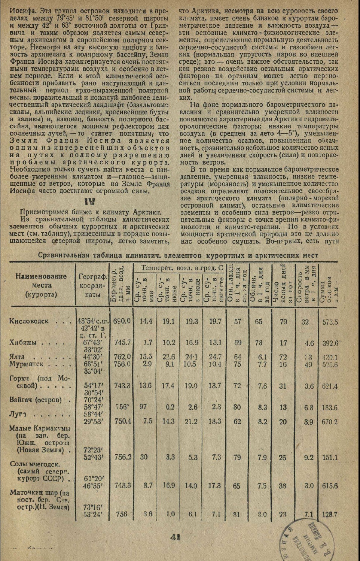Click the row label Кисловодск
pyautogui.click(x=29, y=321)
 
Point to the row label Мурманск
pyautogui.click(x=27, y=364)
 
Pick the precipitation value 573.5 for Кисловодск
pyautogui.click(x=330, y=322)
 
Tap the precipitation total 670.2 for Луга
pyautogui.click(x=330, y=422)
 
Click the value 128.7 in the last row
pyautogui.click(x=330, y=515)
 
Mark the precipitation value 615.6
pyautogui.click(x=330, y=486)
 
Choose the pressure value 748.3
pyautogui.click(x=122, y=486)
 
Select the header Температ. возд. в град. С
pyautogui.click(x=181, y=268)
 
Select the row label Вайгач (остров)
pyautogui.click(x=35, y=400)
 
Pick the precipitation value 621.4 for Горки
pyautogui.click(x=330, y=386)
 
